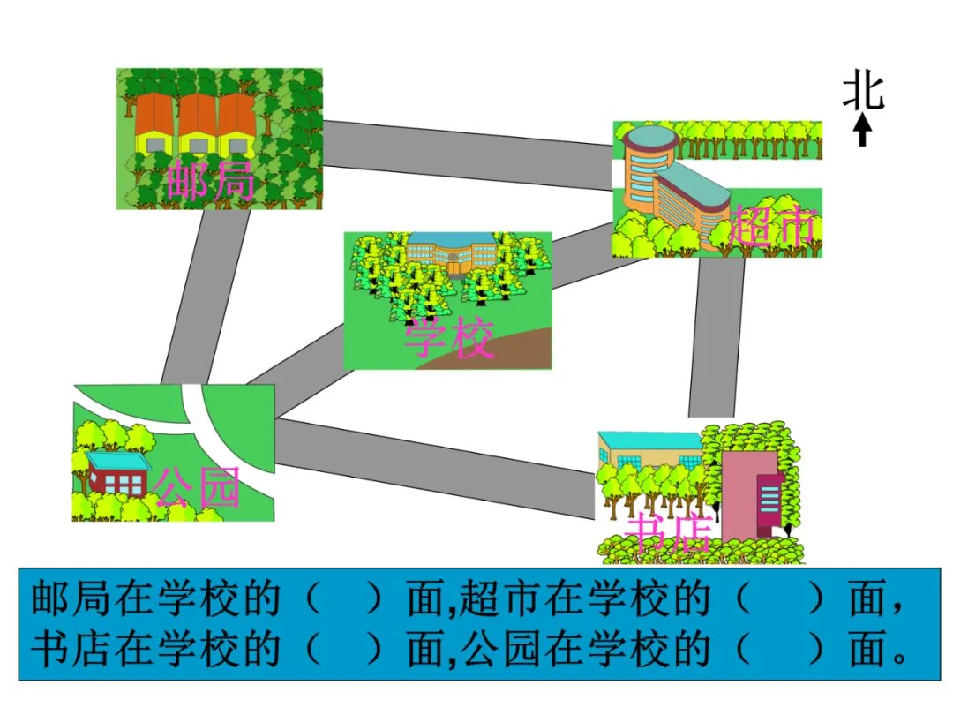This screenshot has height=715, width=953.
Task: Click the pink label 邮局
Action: [210, 181]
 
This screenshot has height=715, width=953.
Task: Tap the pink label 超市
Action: [771, 228]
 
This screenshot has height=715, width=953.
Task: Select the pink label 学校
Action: [449, 338]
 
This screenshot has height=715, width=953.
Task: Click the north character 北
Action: [863, 92]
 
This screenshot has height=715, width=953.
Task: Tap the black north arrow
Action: [864, 131]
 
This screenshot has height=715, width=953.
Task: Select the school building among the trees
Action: [450, 254]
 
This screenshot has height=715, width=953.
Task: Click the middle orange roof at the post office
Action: [197, 115]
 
